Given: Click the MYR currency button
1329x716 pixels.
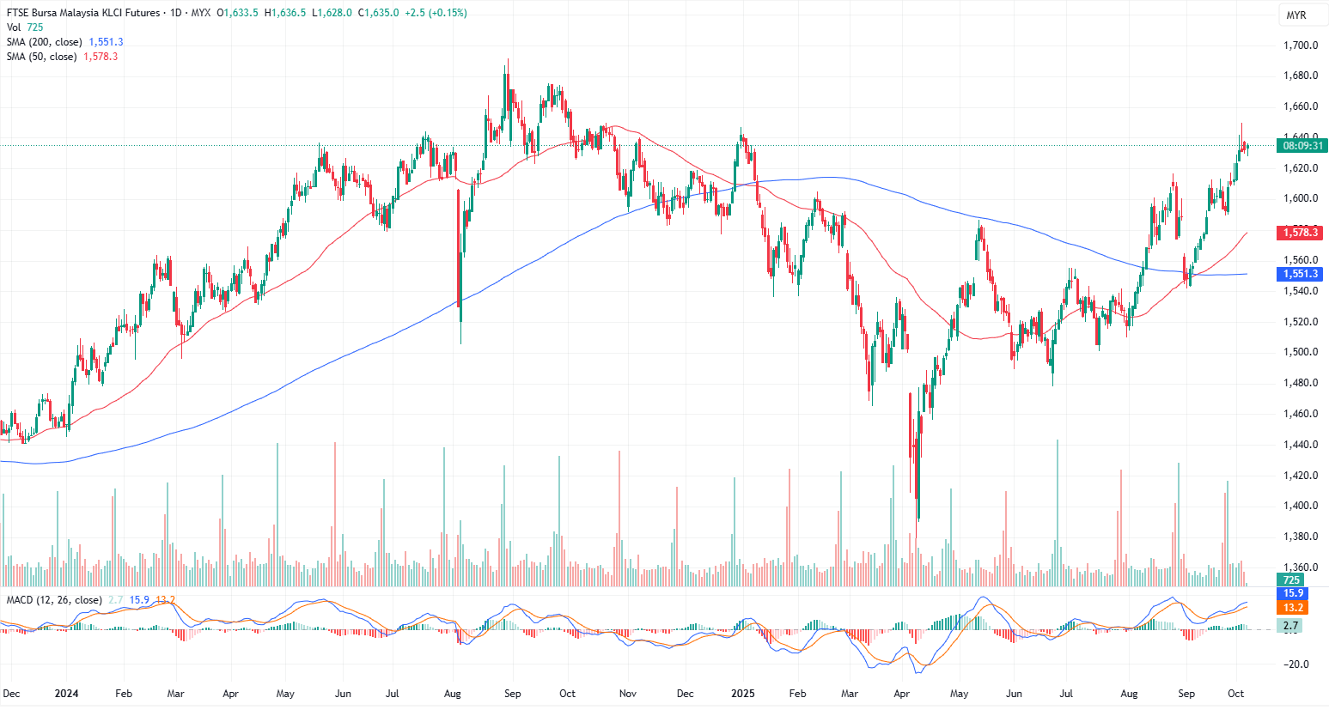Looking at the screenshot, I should point(1295,15).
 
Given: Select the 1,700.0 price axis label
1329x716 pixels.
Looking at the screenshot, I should point(1301,46).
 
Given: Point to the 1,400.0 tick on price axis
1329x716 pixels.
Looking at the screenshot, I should point(1301,506).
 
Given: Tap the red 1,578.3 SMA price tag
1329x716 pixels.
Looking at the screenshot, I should point(1301,233).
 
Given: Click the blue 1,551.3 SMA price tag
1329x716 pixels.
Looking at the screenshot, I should point(1301,274).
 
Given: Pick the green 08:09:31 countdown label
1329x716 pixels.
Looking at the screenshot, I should point(1302,146).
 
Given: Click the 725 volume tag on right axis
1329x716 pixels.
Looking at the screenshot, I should point(1291,580).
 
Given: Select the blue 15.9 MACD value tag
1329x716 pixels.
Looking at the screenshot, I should point(1293,593).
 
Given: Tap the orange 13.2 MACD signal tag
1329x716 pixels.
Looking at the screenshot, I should point(1293,608).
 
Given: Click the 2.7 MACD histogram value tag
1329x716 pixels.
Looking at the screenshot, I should point(1291,626).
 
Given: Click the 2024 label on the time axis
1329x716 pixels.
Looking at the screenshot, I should point(66,694).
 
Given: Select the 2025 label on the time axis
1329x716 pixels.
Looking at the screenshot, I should point(742,694).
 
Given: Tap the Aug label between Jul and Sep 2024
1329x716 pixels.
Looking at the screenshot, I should point(453,694).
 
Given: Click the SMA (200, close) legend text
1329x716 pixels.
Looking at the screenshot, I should point(45,42).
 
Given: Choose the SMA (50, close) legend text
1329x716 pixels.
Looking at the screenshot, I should point(42,57).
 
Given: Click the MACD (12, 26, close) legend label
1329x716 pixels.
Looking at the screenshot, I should point(54,600).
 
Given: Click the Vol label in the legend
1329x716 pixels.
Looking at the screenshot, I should point(14,27).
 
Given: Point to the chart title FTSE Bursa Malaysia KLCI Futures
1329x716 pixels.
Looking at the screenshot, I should point(83,13).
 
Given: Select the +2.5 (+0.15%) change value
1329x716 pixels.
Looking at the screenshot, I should point(436,13).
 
